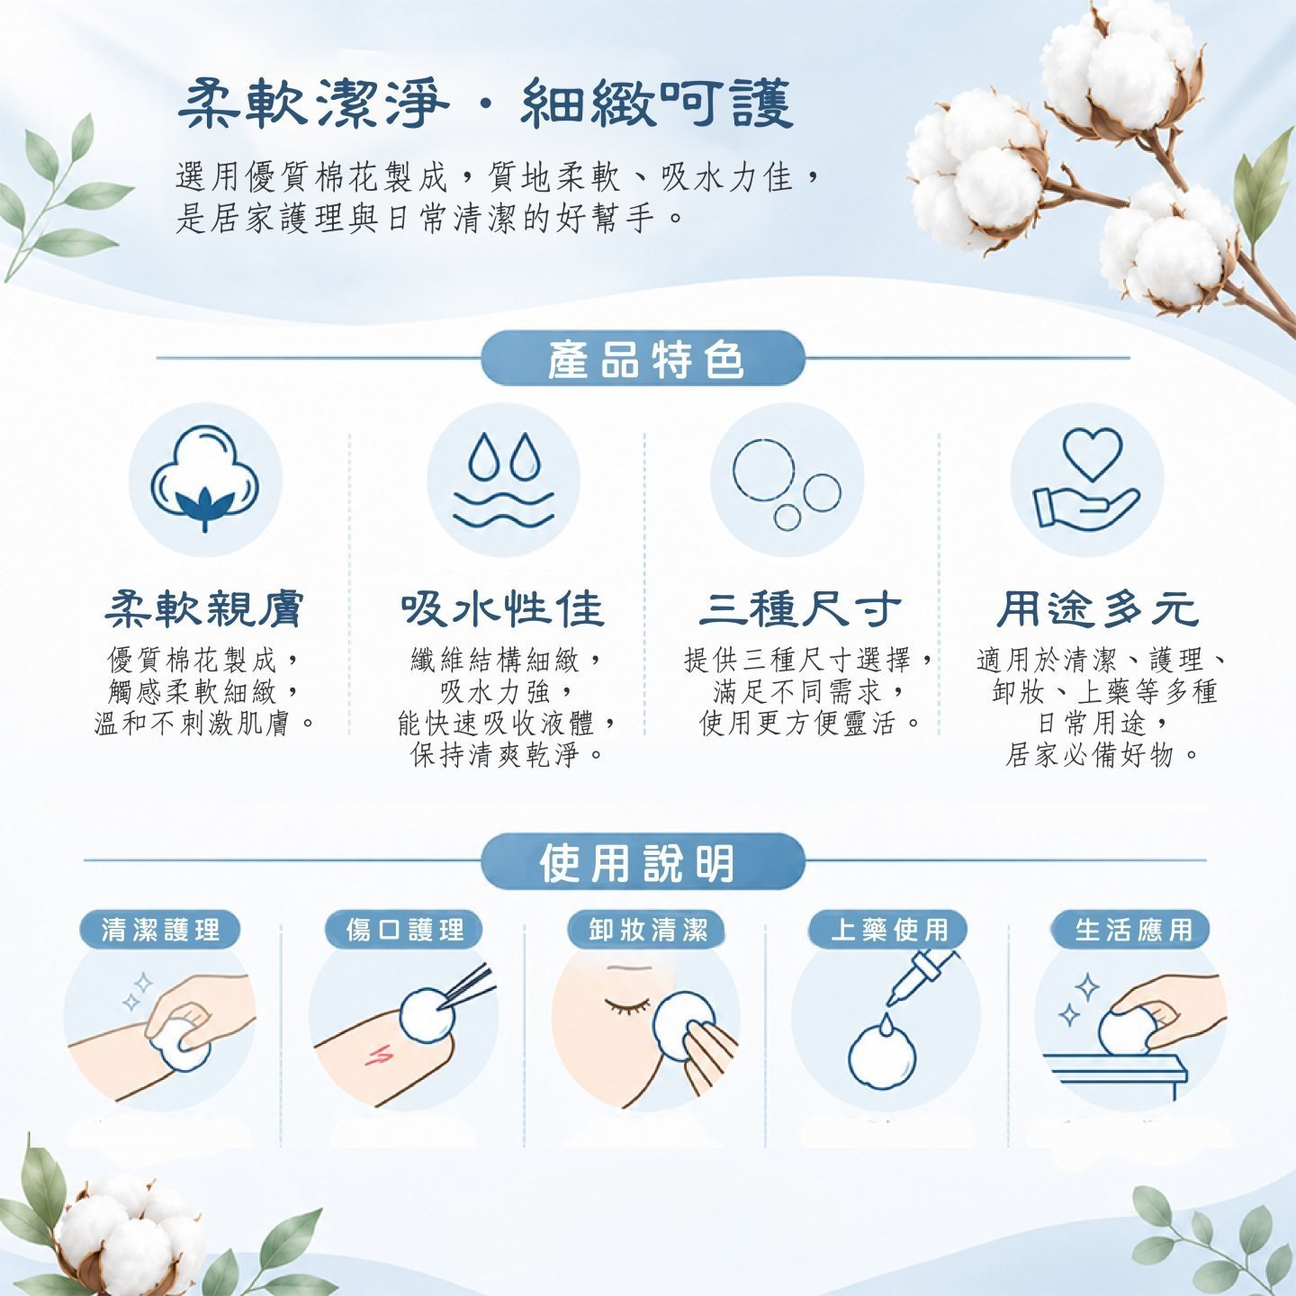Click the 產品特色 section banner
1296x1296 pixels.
[x=643, y=358]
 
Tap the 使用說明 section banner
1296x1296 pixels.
[x=643, y=861]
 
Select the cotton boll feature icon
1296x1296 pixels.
[x=205, y=479]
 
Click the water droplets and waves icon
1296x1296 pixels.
[x=503, y=480]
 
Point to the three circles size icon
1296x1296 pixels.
[x=787, y=484]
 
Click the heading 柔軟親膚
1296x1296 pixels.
[x=204, y=609]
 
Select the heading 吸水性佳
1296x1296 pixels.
[x=503, y=609]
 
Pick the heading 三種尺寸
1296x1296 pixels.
[x=800, y=609]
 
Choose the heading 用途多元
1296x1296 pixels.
[x=1098, y=609]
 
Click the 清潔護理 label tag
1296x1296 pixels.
[x=160, y=930]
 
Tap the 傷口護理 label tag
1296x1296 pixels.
[x=404, y=930]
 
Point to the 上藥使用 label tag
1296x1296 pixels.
[x=888, y=930]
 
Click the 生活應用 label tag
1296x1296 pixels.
[x=1132, y=930]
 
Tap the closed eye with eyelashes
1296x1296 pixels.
[x=627, y=1004]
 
